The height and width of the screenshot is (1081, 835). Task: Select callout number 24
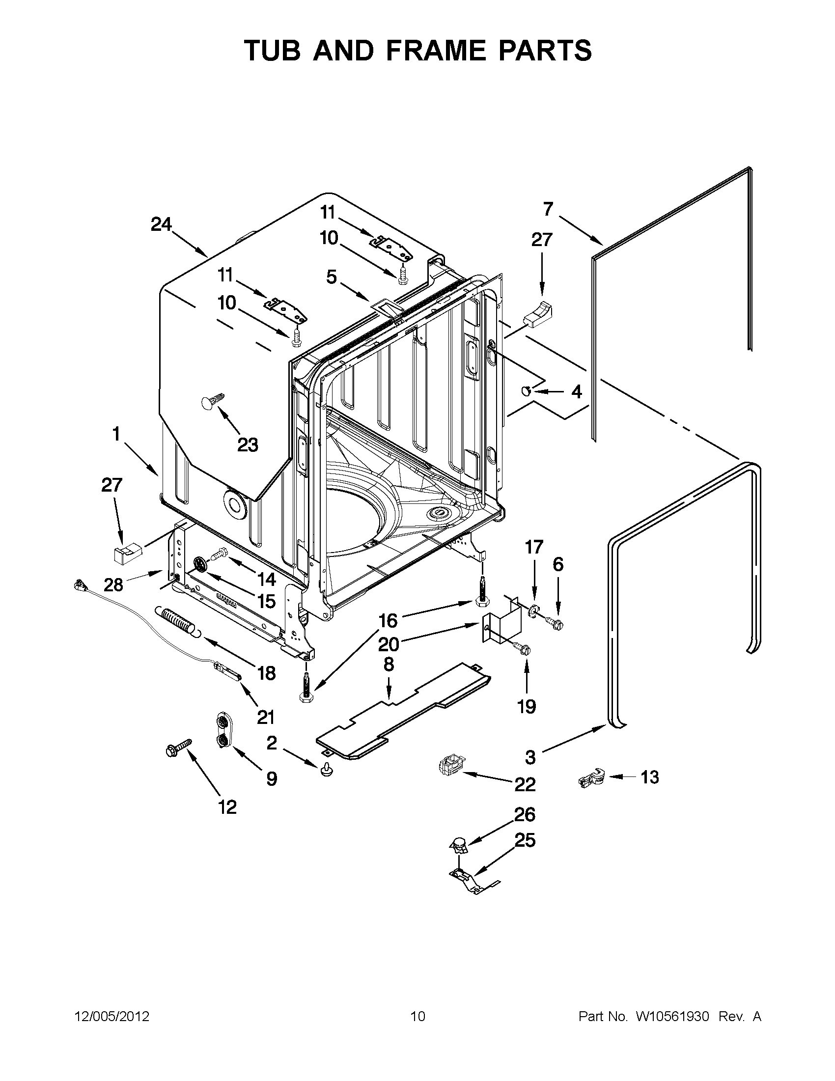(x=162, y=225)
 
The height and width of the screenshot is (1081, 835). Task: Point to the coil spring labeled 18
(x=176, y=620)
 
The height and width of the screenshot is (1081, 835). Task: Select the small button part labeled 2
(x=326, y=768)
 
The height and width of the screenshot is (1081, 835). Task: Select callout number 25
(x=525, y=840)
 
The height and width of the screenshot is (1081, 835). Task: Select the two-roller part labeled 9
(x=223, y=730)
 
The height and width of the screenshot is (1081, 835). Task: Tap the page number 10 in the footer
(x=418, y=1016)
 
